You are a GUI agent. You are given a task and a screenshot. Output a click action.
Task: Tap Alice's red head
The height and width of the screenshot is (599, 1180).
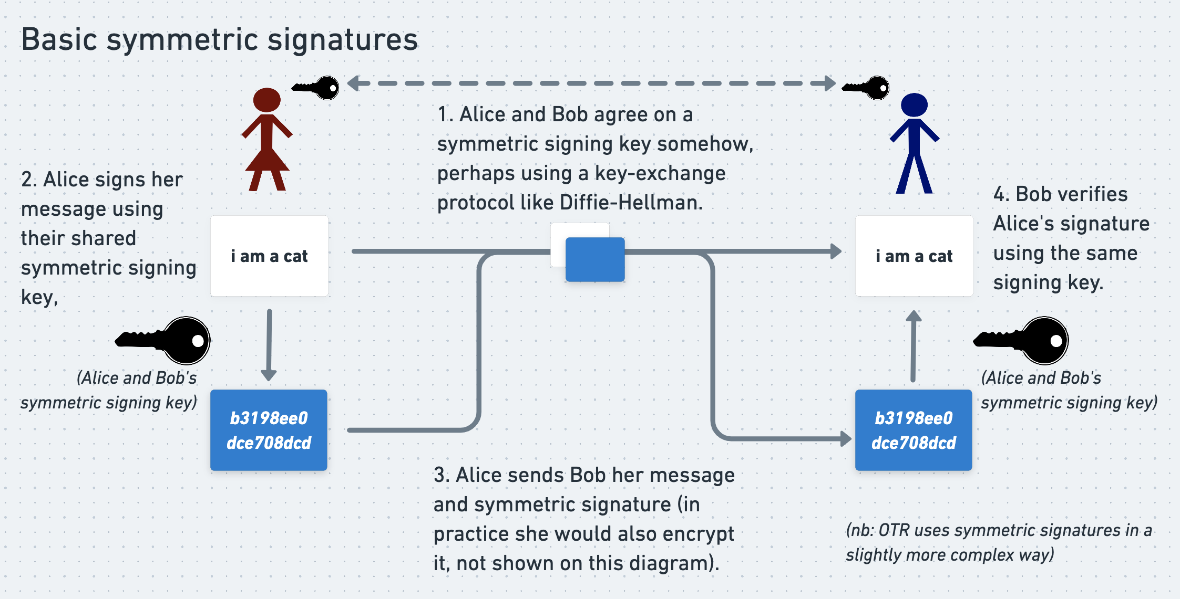pos(267,100)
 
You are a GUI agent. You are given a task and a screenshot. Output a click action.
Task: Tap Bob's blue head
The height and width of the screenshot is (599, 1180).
pos(914,104)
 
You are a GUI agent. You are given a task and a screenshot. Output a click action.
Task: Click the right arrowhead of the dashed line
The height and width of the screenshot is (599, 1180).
pos(830,83)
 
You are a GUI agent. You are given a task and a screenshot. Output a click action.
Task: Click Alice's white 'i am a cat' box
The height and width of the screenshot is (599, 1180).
pos(269,256)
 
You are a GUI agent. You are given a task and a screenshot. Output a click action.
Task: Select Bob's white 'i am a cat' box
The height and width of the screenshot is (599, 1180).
pos(914,256)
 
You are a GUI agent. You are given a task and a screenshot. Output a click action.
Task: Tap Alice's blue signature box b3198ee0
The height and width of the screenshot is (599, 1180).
pos(269,430)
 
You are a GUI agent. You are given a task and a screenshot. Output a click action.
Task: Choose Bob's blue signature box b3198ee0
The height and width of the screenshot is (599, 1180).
pos(914,430)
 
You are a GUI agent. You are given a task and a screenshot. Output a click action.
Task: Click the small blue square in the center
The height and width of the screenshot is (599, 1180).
pos(595,259)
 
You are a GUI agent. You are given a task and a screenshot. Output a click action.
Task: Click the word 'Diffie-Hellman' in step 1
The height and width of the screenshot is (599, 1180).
pos(630,203)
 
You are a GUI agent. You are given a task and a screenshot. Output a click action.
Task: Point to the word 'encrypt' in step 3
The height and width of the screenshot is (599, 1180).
pos(699,534)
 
